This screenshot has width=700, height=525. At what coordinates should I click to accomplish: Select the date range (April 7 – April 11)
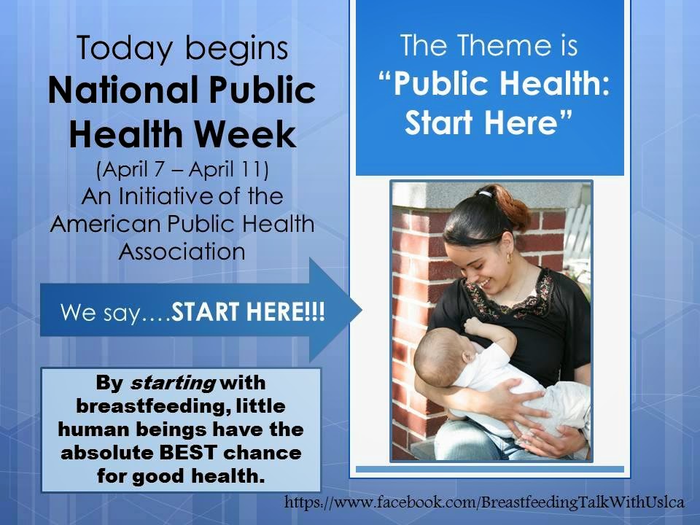182,170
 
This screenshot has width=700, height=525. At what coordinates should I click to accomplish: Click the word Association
182,252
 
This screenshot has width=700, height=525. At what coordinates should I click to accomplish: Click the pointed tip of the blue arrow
361,310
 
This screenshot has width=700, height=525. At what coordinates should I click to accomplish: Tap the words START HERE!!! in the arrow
248,311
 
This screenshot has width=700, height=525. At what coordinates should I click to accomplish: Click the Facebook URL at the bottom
484,502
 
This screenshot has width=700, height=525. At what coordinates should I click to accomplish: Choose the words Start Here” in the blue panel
489,122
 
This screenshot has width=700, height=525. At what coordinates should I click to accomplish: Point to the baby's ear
467,357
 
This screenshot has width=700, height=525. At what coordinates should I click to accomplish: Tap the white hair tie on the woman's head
484,194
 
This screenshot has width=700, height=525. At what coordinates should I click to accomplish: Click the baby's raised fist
472,324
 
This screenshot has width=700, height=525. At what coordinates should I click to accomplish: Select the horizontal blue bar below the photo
490,469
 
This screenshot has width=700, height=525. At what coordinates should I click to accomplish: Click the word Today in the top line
125,48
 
